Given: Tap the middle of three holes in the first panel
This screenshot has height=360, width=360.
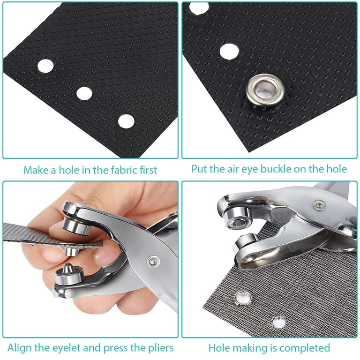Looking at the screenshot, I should click(x=84, y=93).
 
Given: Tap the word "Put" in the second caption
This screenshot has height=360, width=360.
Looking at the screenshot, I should click(x=199, y=168).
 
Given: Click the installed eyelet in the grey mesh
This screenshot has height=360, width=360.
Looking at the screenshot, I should click(x=243, y=297).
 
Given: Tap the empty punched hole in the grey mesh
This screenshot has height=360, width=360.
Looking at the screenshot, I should click(x=279, y=322).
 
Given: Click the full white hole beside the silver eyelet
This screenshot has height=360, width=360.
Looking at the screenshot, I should click(x=229, y=51).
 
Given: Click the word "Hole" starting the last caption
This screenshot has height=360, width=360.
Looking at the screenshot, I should click(x=219, y=348).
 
